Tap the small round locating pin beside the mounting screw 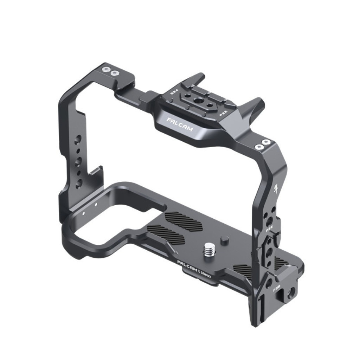(x=224, y=240)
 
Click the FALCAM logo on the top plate (x=180, y=124)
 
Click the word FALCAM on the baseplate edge (x=187, y=265)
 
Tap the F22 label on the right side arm (x=270, y=229)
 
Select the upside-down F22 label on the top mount (x=174, y=92)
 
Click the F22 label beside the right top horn (x=222, y=114)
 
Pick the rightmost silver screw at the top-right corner (x=266, y=142)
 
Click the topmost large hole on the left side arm (x=78, y=139)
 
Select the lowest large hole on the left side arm (x=79, y=183)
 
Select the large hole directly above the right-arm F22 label (x=269, y=221)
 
